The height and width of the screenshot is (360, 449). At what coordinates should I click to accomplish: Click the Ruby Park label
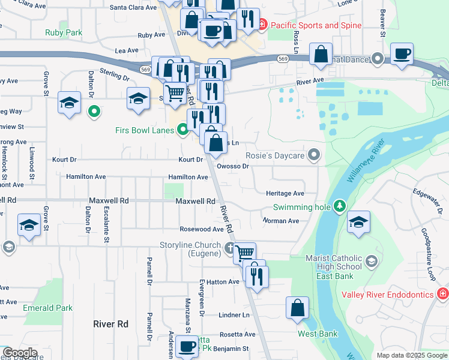[63, 32]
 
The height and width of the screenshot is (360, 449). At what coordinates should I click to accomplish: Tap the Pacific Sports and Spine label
[315, 25]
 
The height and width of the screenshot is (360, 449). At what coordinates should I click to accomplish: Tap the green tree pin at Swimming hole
[340, 206]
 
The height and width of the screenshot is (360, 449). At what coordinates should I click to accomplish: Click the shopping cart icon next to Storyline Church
[244, 253]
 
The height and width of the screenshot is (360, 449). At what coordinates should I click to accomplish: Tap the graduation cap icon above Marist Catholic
[359, 222]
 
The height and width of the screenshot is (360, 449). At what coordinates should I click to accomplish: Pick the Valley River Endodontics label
[388, 294]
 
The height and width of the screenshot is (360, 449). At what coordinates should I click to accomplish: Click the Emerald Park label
[48, 308]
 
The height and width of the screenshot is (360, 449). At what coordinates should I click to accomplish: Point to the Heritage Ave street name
[285, 193]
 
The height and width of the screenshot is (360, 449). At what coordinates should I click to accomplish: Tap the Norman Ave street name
[280, 221]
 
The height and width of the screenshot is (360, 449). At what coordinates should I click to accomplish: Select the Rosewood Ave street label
[202, 229]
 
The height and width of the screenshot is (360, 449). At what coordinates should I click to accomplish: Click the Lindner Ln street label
[234, 315]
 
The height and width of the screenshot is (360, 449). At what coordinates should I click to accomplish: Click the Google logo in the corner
[20, 353]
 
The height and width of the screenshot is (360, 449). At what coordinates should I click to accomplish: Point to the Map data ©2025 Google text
[411, 355]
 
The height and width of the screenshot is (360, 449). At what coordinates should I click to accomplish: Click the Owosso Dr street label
[233, 166]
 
